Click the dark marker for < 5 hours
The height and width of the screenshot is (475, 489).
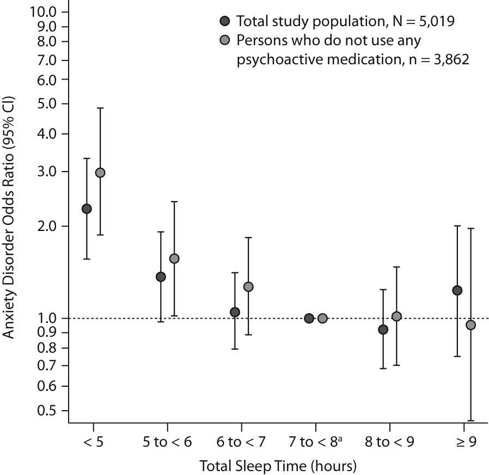pyautogui.click(x=87, y=209)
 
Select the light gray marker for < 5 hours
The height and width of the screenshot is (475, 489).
pyautogui.click(x=100, y=173)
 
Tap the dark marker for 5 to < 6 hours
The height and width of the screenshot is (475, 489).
pyautogui.click(x=161, y=277)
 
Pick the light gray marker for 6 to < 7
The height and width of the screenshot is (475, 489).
pyautogui.click(x=248, y=287)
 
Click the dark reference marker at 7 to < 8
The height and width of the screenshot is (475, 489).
pyautogui.click(x=309, y=318)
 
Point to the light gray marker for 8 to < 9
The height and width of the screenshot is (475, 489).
pyautogui.click(x=396, y=316)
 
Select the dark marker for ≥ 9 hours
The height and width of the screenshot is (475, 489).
pyautogui.click(x=457, y=290)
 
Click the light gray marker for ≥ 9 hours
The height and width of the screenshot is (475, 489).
pyautogui.click(x=470, y=325)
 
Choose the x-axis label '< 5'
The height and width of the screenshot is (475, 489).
pyautogui.click(x=93, y=442)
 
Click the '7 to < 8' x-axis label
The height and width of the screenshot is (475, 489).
pyautogui.click(x=315, y=442)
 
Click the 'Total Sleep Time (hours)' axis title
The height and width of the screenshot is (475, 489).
pyautogui.click(x=278, y=466)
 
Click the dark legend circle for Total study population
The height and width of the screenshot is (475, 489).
pyautogui.click(x=224, y=22)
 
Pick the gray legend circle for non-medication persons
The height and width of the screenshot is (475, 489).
pyautogui.click(x=224, y=41)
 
